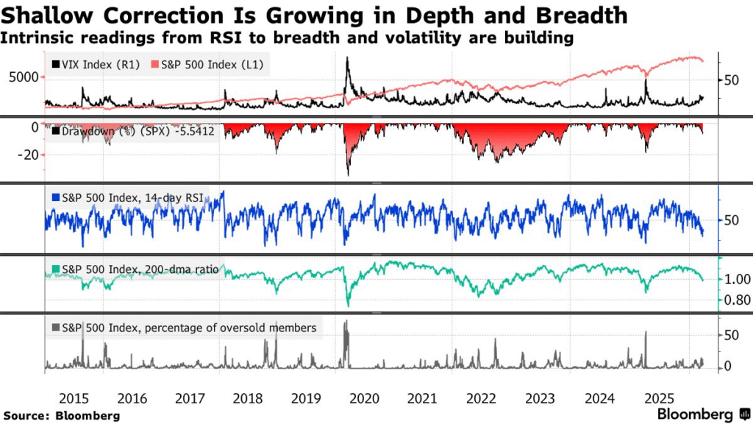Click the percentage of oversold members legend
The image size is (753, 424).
[184, 328]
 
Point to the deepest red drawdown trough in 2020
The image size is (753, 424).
[348, 174]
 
